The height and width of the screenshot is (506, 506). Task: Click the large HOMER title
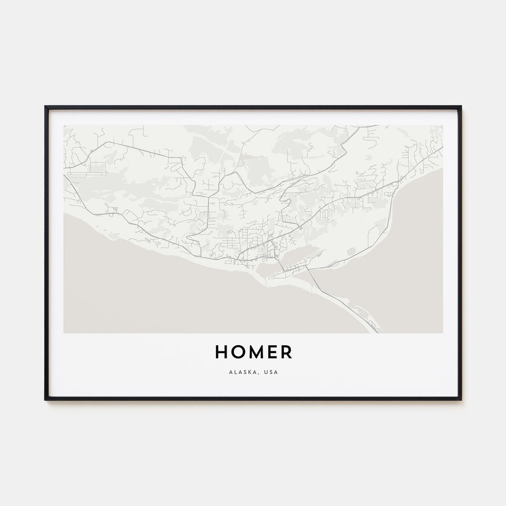click(253, 353)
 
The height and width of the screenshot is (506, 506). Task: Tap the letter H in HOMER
click(221, 353)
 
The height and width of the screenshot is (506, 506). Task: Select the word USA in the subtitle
click(271, 372)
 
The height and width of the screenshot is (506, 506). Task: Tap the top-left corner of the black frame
click(46, 107)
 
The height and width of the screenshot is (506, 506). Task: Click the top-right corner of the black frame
click(460, 107)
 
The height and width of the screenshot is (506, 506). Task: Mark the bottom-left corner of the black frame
click(46, 399)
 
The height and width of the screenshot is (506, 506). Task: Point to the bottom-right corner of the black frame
click(460, 399)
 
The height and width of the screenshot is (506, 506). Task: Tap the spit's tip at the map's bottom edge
click(375, 331)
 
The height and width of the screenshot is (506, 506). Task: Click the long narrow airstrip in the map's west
click(84, 174)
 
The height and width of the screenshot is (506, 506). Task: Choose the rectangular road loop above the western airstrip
click(97, 167)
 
